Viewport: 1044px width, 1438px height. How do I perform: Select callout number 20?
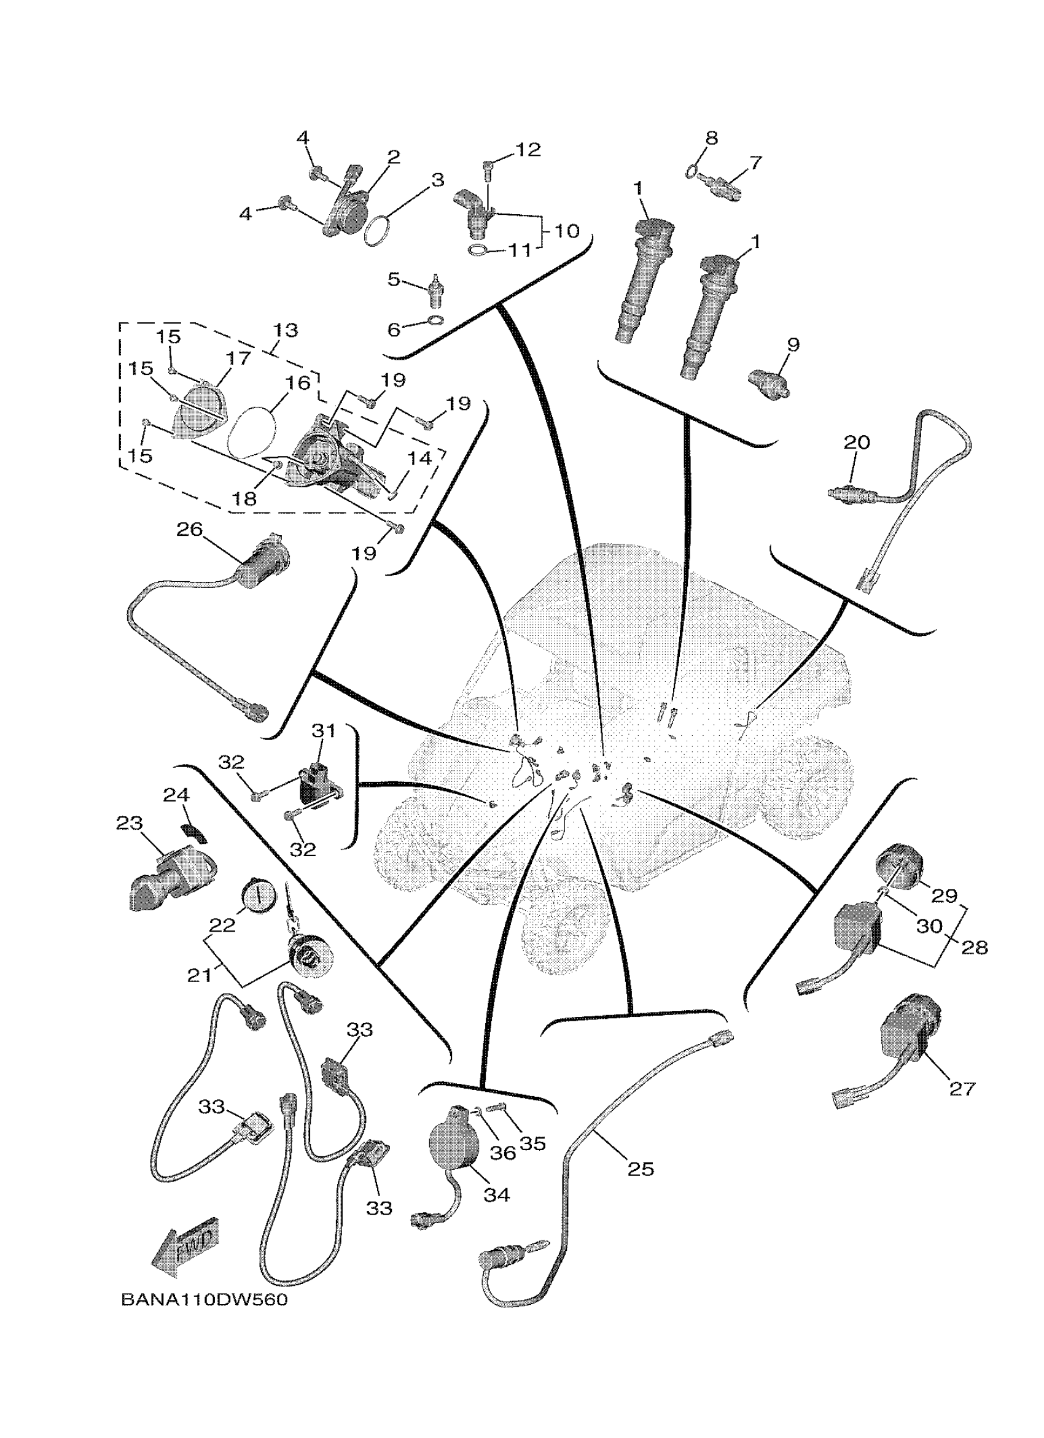coord(856,442)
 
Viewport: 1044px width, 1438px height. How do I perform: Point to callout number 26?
coord(189,530)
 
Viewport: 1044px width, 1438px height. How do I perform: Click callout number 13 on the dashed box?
coord(286,330)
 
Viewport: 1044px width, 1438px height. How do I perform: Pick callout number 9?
coord(793,345)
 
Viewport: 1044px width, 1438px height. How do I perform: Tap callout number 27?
coord(962,1089)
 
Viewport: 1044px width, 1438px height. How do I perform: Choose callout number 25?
coord(640,1169)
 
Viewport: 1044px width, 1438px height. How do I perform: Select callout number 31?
coord(324,730)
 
